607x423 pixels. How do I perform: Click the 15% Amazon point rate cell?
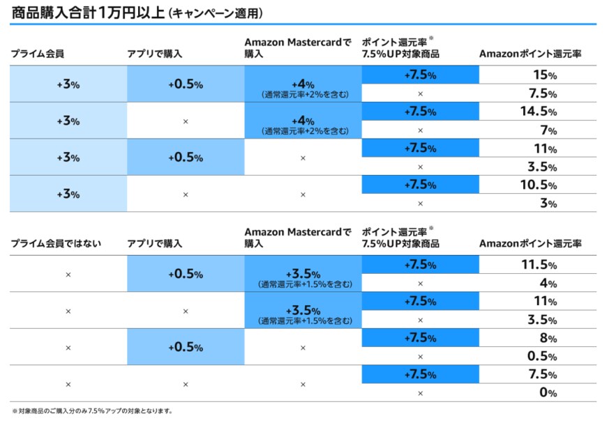[537, 75]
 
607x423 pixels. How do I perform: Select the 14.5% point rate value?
[537, 111]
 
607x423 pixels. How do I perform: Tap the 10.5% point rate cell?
[537, 185]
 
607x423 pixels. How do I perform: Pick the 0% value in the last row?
[548, 392]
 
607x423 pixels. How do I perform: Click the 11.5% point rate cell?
[537, 265]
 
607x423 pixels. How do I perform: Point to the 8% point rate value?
[548, 338]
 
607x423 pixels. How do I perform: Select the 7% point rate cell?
[548, 130]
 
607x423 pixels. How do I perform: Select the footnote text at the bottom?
[91, 411]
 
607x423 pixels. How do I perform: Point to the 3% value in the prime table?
[548, 203]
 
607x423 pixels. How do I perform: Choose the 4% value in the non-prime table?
[548, 284]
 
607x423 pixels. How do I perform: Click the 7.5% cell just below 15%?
[538, 93]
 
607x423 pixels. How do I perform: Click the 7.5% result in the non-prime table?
[538, 374]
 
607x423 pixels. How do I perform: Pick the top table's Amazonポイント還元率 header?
[530, 54]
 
